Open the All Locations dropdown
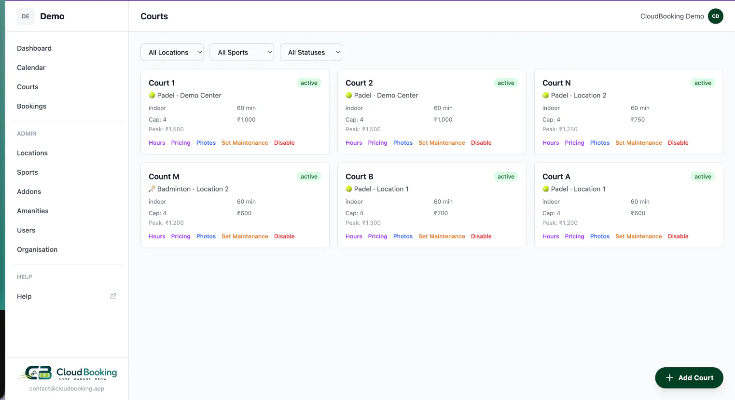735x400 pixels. coord(172,52)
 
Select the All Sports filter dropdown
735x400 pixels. coord(242,52)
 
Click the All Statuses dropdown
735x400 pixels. coord(311,52)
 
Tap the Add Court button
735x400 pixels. coord(689,378)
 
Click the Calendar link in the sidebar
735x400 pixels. coord(31,68)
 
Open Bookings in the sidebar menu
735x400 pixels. coord(31,106)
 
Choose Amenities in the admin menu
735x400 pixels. coord(33,211)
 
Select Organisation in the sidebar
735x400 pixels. coord(37,250)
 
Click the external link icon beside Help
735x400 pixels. coord(113,296)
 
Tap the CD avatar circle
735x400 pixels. coord(716,16)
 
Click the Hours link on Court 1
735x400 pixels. coord(157,143)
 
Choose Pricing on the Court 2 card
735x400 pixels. coord(377,143)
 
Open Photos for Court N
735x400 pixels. coord(599,143)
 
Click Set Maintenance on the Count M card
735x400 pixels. coord(245,236)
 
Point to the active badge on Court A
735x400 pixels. coord(703,177)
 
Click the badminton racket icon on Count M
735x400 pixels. coord(152,189)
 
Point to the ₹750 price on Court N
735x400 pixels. coord(638,120)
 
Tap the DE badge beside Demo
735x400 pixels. coord(26,16)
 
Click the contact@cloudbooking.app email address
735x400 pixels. coord(67,388)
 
